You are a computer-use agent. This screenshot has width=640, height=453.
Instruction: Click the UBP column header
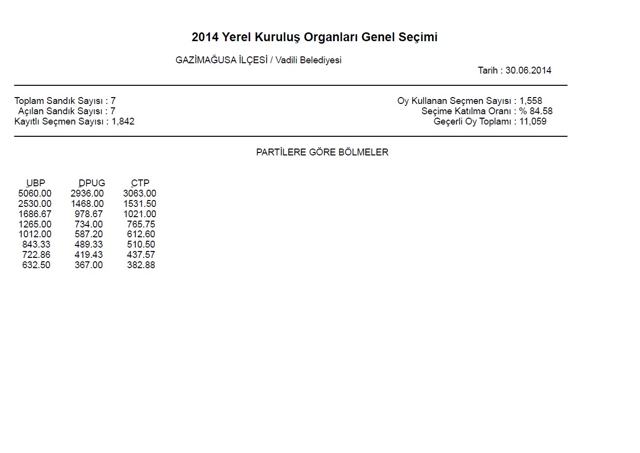coord(36,183)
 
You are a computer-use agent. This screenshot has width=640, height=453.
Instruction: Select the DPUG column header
coord(92,183)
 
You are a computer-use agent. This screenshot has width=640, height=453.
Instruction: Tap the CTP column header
coord(140,183)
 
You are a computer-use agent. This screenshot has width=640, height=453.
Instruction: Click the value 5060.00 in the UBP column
coord(34,194)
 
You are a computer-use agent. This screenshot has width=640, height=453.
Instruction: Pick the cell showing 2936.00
coord(87,194)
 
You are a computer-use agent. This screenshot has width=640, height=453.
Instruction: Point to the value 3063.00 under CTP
coord(140,194)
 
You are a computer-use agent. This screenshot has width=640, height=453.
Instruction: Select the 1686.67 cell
coord(34,214)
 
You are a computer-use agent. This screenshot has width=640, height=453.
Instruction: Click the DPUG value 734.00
coord(89,224)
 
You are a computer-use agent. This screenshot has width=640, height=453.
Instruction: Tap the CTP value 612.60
coord(141,234)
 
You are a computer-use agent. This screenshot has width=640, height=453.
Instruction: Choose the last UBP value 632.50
coord(36,265)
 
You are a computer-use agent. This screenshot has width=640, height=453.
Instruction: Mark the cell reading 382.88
coord(141,265)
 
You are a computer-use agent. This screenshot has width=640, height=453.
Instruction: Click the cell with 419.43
coord(89,254)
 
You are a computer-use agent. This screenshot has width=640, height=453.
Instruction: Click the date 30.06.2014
coord(528,71)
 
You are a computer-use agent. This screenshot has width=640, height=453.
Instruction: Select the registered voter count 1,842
coord(123,122)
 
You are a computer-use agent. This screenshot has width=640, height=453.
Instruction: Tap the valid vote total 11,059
coord(533,122)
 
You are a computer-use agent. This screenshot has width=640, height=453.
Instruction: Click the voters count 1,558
coord(531,101)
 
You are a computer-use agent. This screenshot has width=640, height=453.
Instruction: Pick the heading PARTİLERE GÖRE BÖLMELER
coord(322,152)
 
